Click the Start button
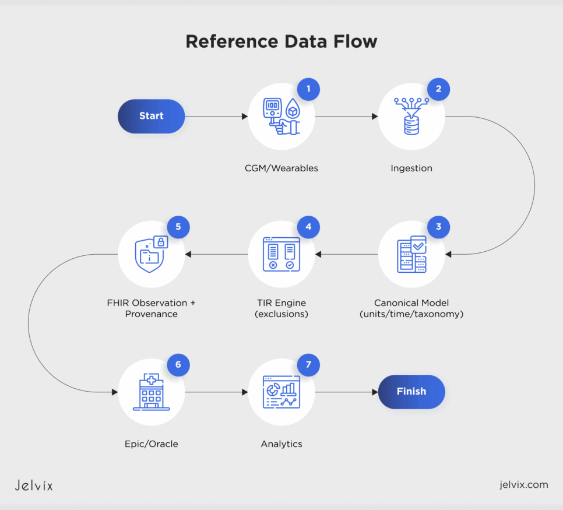(x=152, y=116)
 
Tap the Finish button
(x=411, y=392)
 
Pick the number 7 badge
(x=309, y=365)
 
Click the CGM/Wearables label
(x=281, y=168)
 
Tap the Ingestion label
(x=411, y=168)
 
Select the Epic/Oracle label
(x=152, y=444)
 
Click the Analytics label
(x=281, y=444)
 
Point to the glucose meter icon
(x=280, y=117)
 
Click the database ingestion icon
(x=411, y=117)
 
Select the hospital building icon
(x=152, y=392)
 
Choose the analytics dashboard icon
(x=281, y=392)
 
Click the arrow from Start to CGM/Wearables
(x=216, y=117)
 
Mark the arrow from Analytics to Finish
(x=346, y=392)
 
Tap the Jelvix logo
(x=33, y=485)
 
